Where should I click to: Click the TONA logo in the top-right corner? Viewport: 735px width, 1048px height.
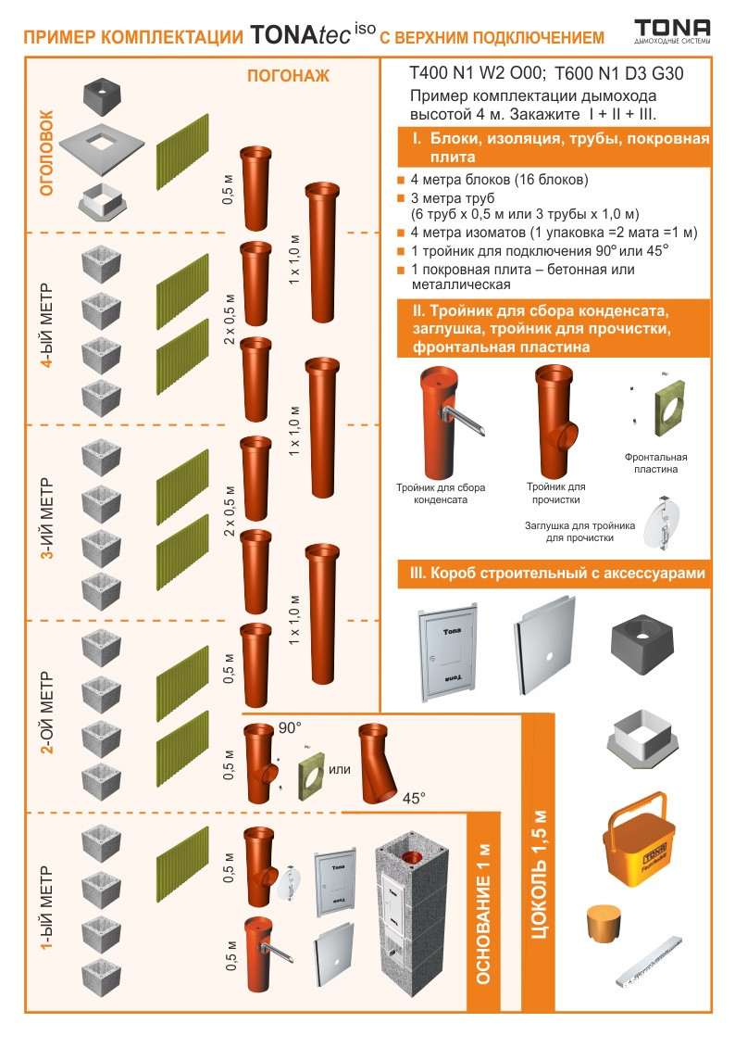click(x=672, y=31)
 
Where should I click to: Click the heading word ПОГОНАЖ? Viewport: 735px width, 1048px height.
click(x=289, y=76)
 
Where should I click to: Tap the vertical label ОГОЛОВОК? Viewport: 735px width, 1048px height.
click(x=46, y=153)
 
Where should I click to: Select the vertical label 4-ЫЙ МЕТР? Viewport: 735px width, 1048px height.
click(x=46, y=326)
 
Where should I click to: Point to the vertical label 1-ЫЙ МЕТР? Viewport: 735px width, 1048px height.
click(x=46, y=908)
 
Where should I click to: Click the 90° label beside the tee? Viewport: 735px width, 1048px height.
click(x=290, y=727)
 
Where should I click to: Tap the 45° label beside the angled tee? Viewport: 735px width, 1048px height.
click(x=414, y=798)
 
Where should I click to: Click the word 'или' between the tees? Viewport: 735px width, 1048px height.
click(x=339, y=769)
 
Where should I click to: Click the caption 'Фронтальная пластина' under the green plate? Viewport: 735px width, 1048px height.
click(x=655, y=463)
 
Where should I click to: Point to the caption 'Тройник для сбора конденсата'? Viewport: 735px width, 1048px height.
click(x=441, y=493)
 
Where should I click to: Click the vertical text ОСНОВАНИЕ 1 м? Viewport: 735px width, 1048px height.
click(x=483, y=914)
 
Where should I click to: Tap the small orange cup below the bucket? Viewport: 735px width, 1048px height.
click(x=604, y=923)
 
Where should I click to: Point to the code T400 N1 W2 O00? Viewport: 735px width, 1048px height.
click(x=478, y=73)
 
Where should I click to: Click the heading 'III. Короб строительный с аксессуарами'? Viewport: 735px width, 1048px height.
click(x=557, y=574)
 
